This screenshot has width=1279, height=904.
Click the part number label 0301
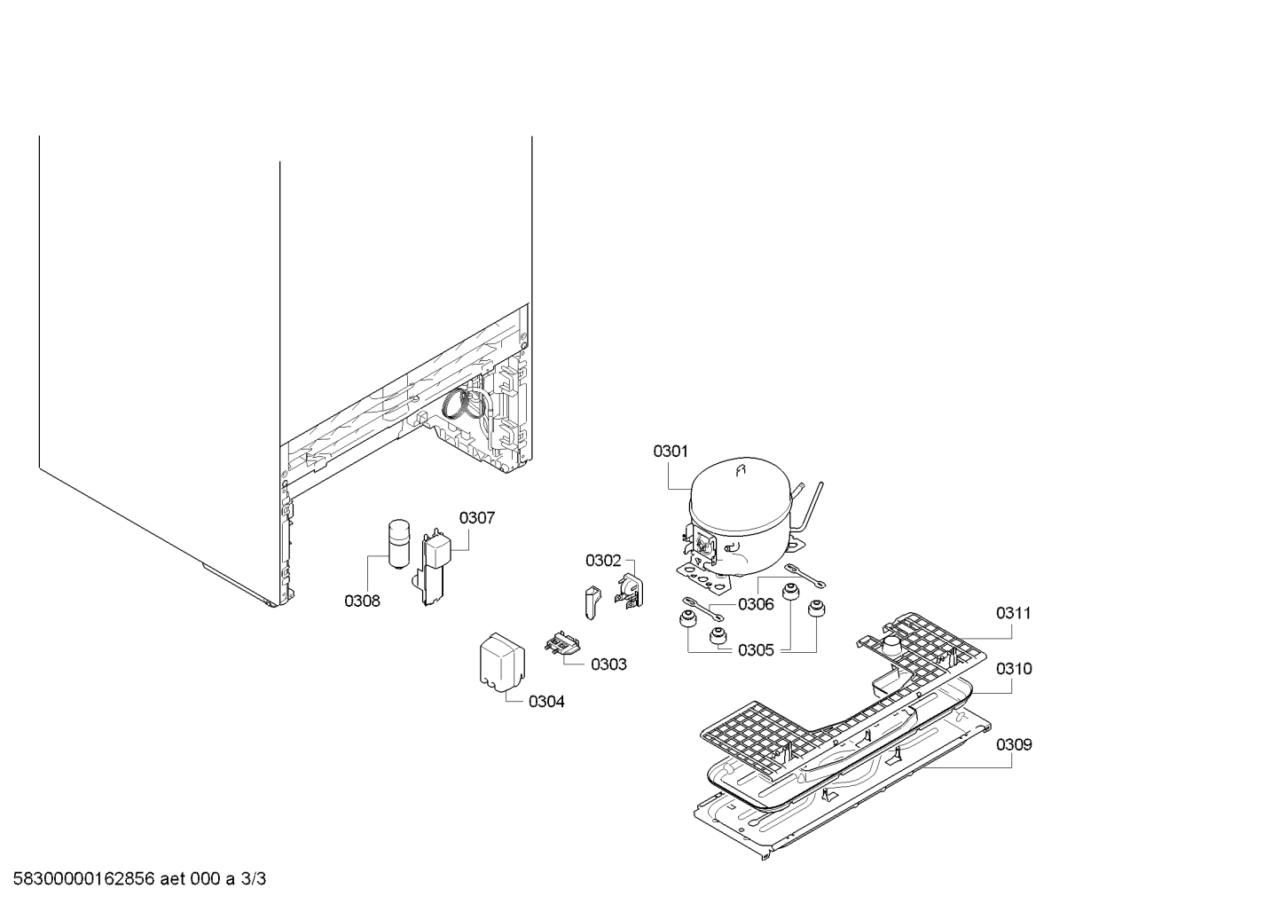[671, 452]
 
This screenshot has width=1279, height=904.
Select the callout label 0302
[603, 561]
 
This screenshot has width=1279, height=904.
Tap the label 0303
[608, 664]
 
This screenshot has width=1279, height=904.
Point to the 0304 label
[546, 702]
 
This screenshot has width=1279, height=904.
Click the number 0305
[756, 650]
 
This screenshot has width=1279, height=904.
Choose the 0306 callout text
[756, 604]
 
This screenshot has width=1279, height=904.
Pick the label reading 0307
[477, 518]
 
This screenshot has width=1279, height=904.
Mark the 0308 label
[362, 601]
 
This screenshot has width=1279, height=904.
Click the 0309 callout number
[1014, 744]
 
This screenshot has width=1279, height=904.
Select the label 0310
[1014, 669]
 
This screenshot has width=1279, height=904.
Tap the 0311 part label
[1014, 613]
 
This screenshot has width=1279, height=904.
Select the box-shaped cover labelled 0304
[502, 662]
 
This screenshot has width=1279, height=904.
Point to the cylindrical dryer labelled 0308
[398, 544]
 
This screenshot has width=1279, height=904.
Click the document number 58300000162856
[84, 879]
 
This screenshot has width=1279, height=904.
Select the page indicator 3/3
[254, 879]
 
